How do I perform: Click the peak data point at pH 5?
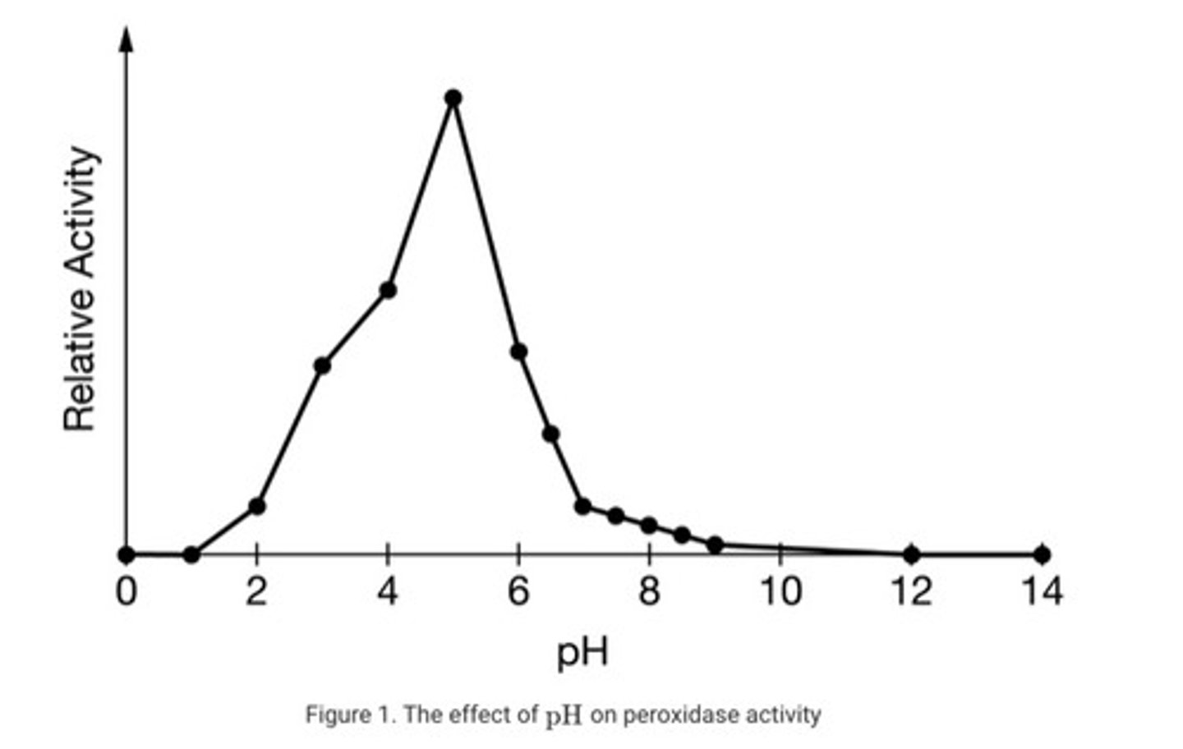453,99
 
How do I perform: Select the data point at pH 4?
388,290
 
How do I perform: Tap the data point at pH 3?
322,365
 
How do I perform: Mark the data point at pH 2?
256,506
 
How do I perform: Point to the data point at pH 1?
191,555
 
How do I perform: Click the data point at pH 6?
518,352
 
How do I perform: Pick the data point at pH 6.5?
551,434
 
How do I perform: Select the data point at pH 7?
583,506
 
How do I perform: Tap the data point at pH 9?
715,545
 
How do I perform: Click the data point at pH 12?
911,554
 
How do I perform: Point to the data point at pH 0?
126,554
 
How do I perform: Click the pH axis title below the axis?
583,652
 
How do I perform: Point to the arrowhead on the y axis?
127,38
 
